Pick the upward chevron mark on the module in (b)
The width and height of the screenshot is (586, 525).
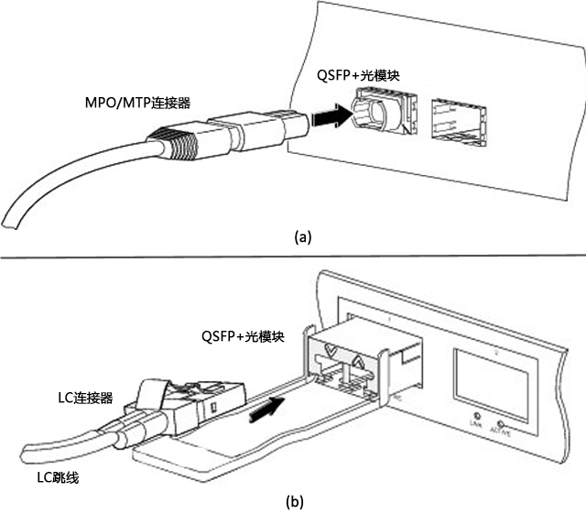[358, 363]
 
